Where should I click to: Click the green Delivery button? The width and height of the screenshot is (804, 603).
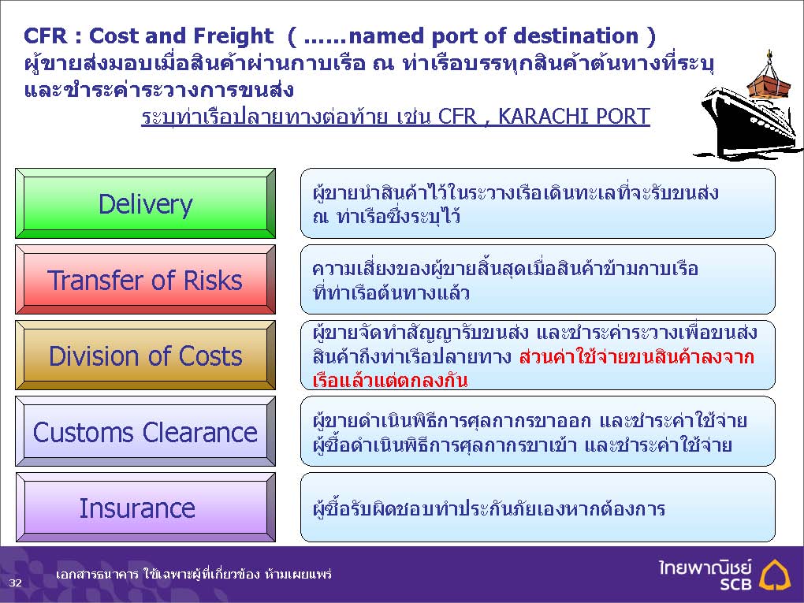(146, 203)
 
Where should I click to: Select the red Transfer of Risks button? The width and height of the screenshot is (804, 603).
(146, 280)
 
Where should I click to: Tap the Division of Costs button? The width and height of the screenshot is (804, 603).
(146, 355)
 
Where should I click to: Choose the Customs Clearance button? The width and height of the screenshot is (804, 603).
(146, 431)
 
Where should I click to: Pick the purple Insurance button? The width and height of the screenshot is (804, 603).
(146, 507)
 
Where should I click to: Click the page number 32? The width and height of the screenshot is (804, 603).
(16, 583)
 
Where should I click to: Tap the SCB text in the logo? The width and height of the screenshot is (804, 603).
(735, 583)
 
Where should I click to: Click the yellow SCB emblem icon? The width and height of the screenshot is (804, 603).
(775, 575)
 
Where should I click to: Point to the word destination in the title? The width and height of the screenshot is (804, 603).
(576, 36)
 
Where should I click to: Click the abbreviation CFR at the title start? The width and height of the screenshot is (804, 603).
(45, 36)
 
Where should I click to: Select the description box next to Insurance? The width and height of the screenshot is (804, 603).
(538, 507)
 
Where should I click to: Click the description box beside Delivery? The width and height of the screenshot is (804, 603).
(538, 203)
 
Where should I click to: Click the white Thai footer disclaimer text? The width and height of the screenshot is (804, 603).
(194, 574)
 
